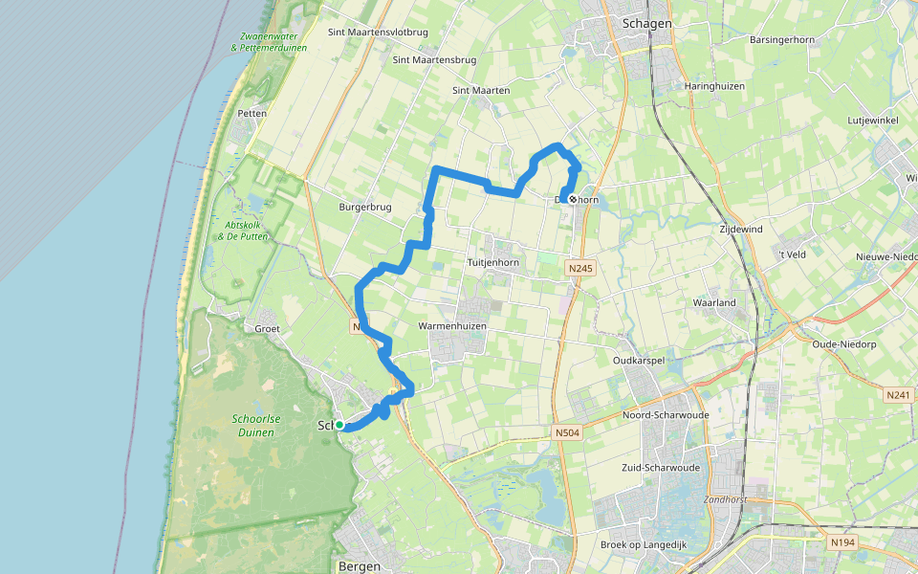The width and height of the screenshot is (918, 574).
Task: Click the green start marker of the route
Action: click(339, 425)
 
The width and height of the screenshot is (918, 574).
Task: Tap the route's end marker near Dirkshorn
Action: click(572, 199)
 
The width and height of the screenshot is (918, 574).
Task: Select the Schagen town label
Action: click(646, 23)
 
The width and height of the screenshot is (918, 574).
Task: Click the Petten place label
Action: click(251, 114)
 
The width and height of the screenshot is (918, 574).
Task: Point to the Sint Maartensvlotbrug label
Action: click(378, 32)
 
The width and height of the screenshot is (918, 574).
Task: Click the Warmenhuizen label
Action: click(452, 326)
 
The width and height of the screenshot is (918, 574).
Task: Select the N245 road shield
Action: click(579, 269)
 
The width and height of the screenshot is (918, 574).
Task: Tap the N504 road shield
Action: click(568, 433)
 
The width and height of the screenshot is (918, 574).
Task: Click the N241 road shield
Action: click(898, 395)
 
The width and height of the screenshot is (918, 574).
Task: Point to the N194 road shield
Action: click(842, 542)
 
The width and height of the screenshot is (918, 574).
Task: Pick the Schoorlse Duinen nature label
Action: click(253, 426)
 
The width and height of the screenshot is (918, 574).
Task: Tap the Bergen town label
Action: click(360, 566)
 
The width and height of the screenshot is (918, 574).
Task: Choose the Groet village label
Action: click(267, 328)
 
